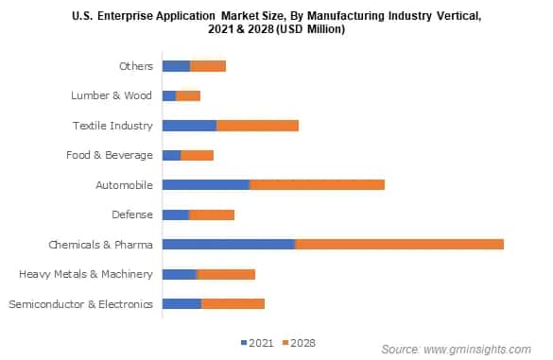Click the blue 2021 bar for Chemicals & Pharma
[228, 244]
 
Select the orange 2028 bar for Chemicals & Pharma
[399, 244]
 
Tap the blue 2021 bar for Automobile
[205, 184]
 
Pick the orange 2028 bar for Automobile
[317, 184]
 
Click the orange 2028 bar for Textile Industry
[257, 125]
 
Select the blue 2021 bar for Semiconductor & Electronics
[181, 304]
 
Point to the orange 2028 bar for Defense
[212, 214]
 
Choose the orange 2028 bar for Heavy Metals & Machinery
[226, 274]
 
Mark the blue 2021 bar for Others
[176, 65]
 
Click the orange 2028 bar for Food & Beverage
[197, 155]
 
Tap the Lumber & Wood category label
[112, 95]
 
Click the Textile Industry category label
[112, 126]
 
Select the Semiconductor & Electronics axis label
[80, 304]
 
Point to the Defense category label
[131, 214]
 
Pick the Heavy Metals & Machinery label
[86, 274]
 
